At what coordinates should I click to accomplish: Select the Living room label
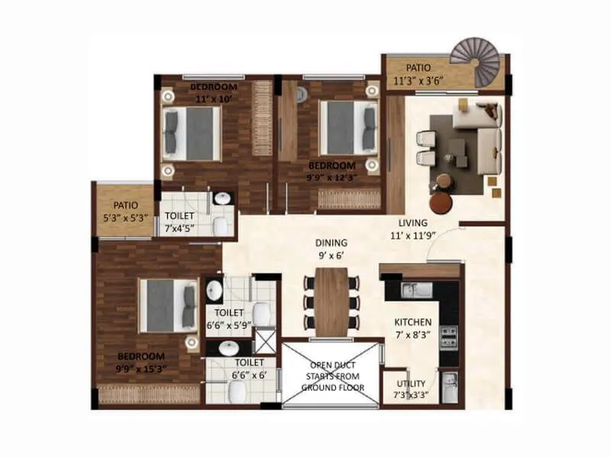412,222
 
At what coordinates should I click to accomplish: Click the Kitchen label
413,322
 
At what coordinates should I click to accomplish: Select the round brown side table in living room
441,202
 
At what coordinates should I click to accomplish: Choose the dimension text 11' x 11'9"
412,234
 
